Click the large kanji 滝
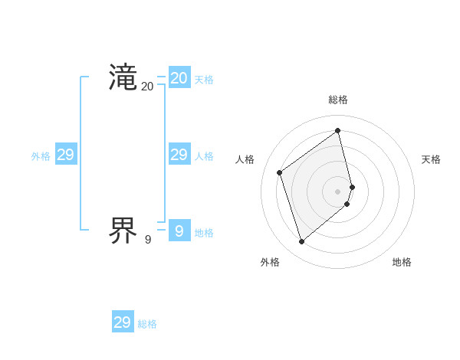123,78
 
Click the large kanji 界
123,231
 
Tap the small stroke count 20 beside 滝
147,87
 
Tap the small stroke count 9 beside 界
147,240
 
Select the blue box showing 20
179,78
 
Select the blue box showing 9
179,231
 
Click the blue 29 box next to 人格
179,155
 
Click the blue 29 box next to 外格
66,155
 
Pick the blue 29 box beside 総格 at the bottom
123,322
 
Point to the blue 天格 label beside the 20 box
204,80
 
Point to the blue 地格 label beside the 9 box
204,233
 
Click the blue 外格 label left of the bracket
41,156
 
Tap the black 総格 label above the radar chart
338,100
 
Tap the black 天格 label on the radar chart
431,159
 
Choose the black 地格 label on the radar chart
402,262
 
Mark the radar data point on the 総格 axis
338,131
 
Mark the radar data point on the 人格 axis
280,172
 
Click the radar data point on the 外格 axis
301,242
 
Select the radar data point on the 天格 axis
352,186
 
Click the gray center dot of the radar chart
338,191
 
